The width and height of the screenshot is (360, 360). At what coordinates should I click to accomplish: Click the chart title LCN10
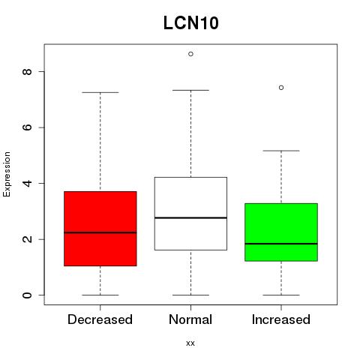point(191,23)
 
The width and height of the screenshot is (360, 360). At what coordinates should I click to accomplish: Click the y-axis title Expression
point(7,174)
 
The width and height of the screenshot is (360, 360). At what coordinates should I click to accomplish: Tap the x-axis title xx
point(190,343)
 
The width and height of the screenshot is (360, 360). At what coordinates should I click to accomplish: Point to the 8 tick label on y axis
point(27,72)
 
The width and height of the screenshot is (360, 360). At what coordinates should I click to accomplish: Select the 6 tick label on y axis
point(27,127)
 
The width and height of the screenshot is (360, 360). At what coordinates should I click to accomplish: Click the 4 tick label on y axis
point(27,183)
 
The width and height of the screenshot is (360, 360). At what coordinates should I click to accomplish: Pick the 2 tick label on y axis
point(27,239)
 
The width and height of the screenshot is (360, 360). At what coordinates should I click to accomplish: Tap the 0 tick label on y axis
point(27,295)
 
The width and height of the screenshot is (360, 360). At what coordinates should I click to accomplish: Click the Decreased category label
point(100,319)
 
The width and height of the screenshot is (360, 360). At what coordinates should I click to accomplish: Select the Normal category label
point(190,319)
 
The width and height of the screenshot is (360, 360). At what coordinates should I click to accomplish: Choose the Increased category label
point(281,319)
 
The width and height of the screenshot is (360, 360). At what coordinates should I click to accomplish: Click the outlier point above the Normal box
point(190,54)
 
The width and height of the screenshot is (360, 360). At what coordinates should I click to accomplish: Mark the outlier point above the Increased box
point(281,88)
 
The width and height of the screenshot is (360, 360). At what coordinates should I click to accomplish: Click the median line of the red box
point(100,232)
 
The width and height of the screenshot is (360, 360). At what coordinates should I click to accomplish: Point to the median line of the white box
point(190,217)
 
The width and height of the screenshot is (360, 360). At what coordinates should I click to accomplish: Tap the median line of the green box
point(281,244)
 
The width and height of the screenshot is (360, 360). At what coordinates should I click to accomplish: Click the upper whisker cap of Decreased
point(100,92)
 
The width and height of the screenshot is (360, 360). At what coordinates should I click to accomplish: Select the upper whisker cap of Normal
point(190,90)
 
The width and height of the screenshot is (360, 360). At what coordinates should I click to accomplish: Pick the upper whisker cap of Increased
point(281,151)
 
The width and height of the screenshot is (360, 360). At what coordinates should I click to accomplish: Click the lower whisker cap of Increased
point(281,295)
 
